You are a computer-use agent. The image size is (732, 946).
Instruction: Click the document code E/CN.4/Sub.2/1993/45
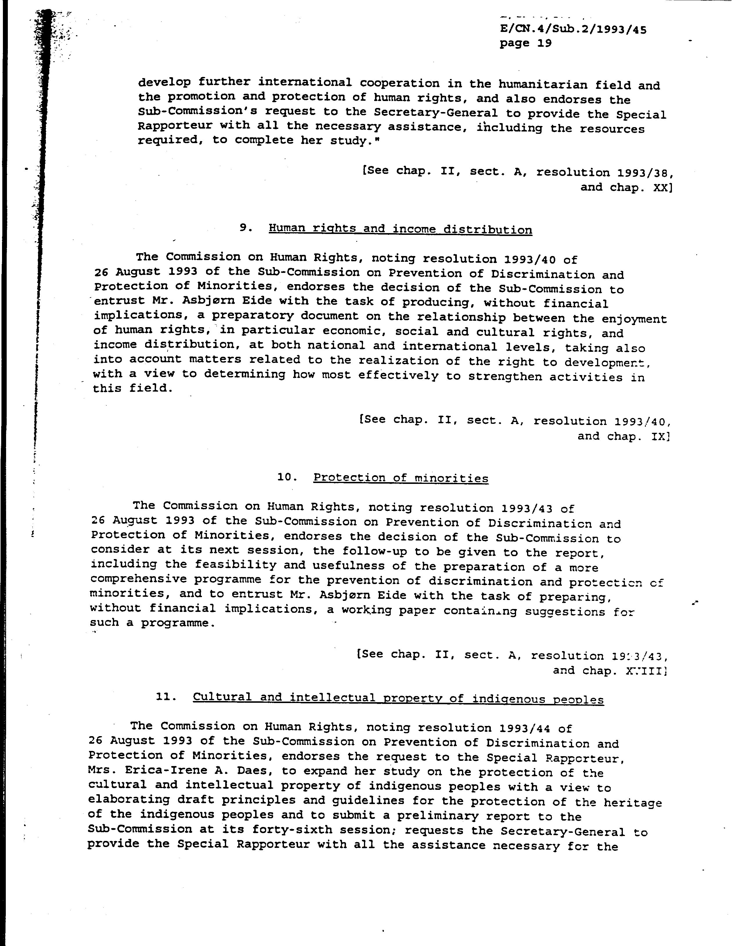[x=573, y=29]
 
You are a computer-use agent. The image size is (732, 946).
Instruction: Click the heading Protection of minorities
[x=401, y=478]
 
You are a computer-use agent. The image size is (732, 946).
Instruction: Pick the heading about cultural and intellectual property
[x=398, y=699]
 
